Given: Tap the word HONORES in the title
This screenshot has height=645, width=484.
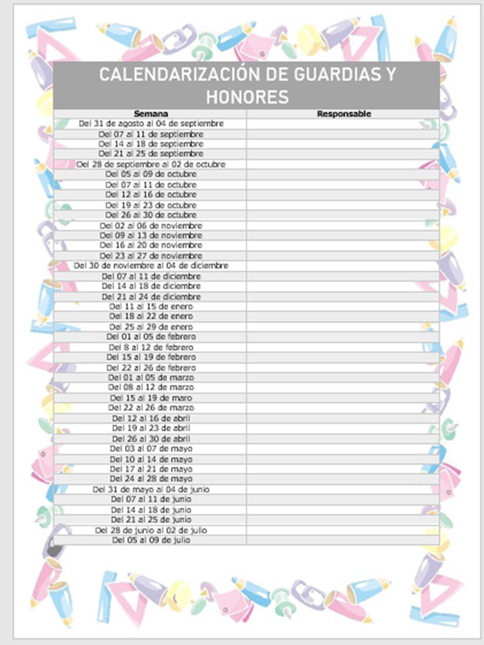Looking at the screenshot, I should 247,97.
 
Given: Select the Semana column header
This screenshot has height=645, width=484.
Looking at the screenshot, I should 151,114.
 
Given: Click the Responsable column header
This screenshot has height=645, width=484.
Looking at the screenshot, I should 344,114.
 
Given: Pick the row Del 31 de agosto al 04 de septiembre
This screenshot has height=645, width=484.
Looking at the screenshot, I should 151,124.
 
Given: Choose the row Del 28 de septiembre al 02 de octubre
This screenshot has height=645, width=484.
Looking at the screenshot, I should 151,164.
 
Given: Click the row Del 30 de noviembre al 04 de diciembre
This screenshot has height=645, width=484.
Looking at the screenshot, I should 151,266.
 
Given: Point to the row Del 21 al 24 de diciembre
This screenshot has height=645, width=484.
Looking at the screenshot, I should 151,296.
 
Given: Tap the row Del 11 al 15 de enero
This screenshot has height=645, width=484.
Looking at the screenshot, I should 151,306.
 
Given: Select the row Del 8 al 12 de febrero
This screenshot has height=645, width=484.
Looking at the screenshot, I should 151,347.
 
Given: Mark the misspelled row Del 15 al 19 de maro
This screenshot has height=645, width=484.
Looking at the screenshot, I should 151,398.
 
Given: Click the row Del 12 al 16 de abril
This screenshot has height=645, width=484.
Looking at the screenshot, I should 151,418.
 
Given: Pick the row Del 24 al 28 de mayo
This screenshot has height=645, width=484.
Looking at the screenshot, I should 151,479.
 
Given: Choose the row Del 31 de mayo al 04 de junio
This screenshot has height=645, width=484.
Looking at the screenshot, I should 151,490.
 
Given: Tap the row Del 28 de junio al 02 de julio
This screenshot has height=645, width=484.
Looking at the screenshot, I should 151,530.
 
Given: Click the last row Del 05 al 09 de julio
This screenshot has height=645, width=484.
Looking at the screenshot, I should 151,540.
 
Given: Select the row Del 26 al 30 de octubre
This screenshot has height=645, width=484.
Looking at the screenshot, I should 151,215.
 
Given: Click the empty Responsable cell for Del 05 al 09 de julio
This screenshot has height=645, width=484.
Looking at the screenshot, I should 343,540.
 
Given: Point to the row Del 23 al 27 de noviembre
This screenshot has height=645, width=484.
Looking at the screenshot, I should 151,256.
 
